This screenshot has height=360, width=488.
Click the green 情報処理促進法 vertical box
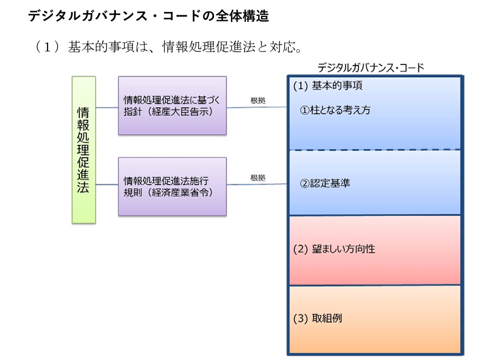[x=84, y=149]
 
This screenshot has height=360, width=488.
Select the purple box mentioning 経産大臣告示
[x=172, y=106]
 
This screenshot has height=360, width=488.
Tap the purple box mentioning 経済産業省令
[x=172, y=187]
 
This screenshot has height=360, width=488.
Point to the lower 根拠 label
[x=258, y=177]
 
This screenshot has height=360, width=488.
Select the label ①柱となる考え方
[x=335, y=110]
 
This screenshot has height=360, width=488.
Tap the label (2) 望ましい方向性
[x=334, y=249]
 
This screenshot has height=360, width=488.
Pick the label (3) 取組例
[x=318, y=318]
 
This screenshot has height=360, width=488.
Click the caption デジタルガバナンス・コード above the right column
[x=371, y=67]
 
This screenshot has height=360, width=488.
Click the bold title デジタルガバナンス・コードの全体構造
[x=148, y=16]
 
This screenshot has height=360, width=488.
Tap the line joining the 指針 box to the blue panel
[x=257, y=107]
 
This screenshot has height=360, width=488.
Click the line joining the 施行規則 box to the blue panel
[x=257, y=184]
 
